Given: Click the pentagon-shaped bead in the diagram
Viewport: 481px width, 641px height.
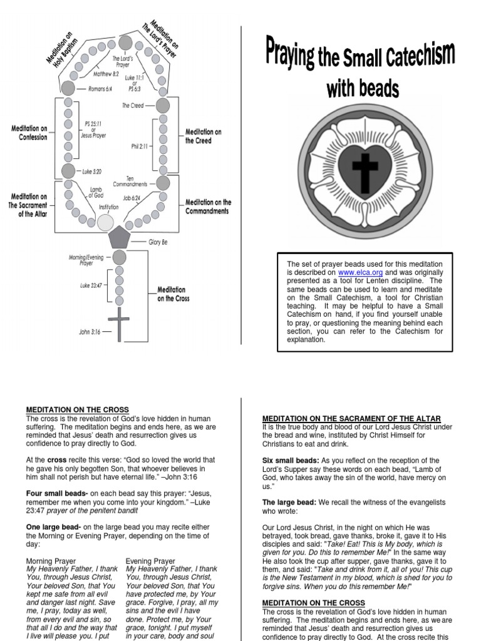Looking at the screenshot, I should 118,238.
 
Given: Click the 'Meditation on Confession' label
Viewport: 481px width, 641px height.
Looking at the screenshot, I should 29,133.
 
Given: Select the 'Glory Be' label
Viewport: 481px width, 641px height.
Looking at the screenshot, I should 158,242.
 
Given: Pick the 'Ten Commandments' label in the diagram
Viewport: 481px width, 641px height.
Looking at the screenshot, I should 130,181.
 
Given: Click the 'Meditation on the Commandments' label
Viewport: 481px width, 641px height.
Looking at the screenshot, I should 208,207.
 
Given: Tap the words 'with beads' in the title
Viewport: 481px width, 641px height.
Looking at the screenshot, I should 362,89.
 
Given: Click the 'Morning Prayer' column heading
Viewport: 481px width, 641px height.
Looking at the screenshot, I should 51,561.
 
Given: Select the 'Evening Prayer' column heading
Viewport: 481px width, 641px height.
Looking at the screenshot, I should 150,561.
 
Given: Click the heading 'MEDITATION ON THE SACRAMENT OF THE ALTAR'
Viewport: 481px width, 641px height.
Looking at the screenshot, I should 351,418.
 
